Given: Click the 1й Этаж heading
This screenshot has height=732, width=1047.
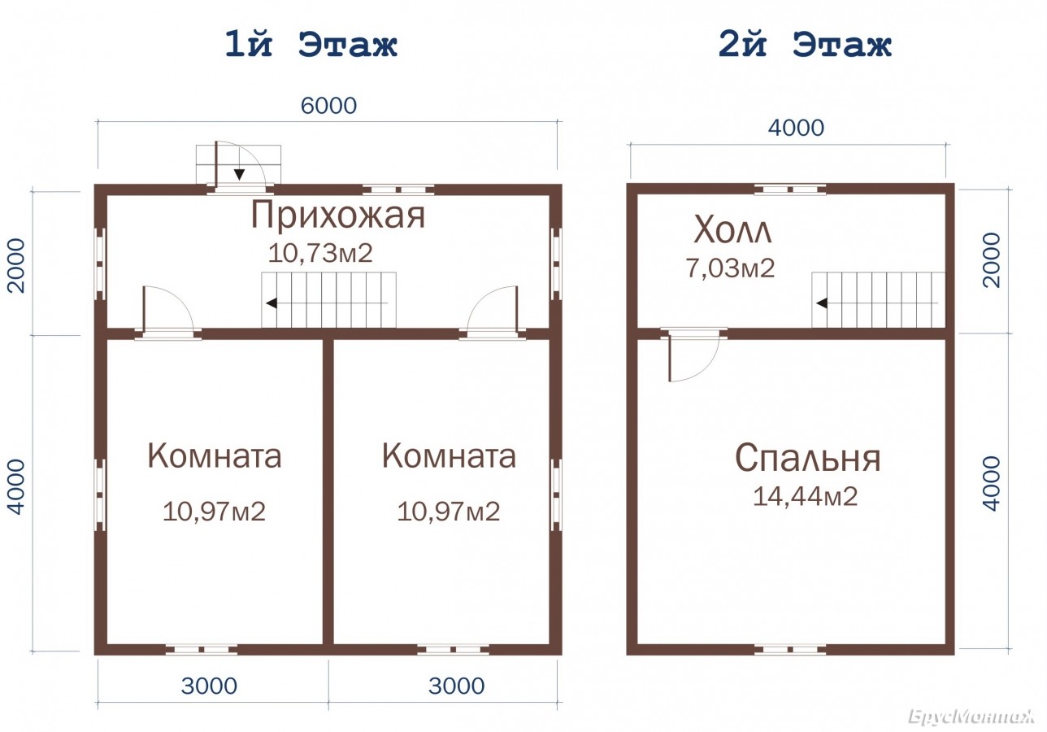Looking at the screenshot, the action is tap(311, 45).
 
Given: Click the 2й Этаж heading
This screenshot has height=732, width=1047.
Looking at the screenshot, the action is tap(805, 45).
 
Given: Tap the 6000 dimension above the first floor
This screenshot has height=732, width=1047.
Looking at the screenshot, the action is tap(328, 106).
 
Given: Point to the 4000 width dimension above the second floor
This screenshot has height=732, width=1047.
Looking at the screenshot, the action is tap(796, 128).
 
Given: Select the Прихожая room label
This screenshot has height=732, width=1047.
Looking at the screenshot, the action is tap(338, 216).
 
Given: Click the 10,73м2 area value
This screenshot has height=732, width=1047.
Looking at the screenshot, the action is tap(320, 253).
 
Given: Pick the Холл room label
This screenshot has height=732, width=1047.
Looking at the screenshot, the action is tap(732, 229).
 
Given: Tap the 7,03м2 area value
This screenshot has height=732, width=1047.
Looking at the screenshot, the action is tap(730, 268).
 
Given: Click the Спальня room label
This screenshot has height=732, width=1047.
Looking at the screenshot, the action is tap(808, 458).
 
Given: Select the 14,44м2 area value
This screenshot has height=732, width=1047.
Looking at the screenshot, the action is tap(805, 496).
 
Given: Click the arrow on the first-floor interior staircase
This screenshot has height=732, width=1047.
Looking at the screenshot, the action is tap(272, 303).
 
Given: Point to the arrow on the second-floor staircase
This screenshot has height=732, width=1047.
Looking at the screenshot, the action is tap(822, 303).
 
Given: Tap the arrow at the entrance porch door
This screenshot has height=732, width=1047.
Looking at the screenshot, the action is tap(239, 174).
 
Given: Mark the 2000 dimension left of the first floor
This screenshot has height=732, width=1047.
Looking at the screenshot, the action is tap(16, 265).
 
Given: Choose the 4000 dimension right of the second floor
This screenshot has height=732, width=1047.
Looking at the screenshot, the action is tap(991, 483).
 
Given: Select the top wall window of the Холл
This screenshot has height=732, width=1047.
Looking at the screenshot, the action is tap(790, 190).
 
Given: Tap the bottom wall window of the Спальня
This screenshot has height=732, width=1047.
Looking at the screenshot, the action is tap(790, 650).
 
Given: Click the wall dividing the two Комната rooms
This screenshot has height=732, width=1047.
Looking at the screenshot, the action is tap(328, 491).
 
